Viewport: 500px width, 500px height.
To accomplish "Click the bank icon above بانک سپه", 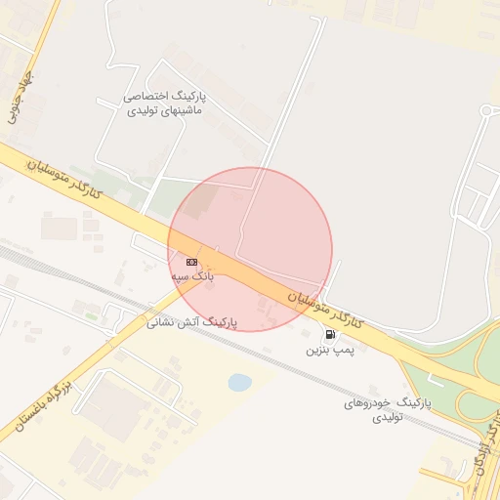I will [x=191, y=262].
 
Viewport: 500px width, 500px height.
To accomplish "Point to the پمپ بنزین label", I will [x=325, y=349].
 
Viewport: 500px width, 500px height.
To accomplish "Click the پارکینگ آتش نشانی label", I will [x=192, y=321].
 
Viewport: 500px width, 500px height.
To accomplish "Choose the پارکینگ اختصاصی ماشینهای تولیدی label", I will [x=164, y=104].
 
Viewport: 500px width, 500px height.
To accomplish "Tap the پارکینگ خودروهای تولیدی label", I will [x=388, y=409].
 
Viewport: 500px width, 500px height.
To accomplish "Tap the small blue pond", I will [x=239, y=382].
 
